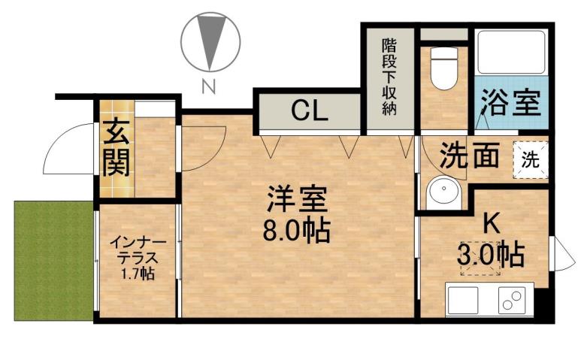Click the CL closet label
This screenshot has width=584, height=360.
pyautogui.click(x=310, y=111)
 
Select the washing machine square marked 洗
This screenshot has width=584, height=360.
pyautogui.click(x=531, y=159)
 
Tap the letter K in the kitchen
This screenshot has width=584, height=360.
pyautogui.click(x=491, y=223)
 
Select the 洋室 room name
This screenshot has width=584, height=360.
pyautogui.click(x=297, y=201)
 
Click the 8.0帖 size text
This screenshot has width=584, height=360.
pyautogui.click(x=296, y=231)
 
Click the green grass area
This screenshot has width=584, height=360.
pyautogui.click(x=53, y=260)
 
